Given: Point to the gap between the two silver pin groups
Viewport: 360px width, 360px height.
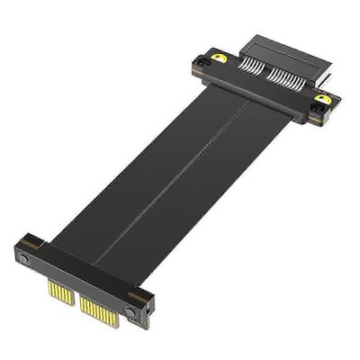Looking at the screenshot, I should [263, 75].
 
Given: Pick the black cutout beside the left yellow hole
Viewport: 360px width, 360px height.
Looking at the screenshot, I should [202, 63].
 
